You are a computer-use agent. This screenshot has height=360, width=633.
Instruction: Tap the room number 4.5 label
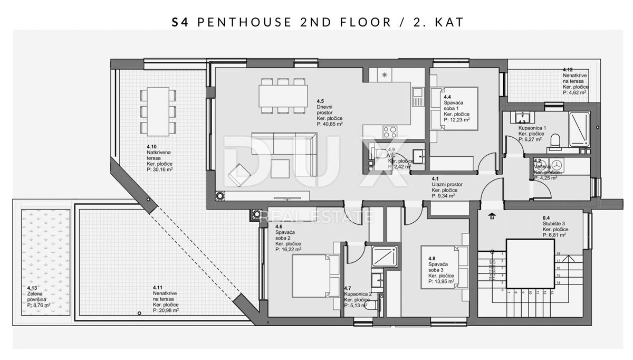[320, 100]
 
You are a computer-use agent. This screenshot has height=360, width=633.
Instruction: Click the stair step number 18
[558, 253]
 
